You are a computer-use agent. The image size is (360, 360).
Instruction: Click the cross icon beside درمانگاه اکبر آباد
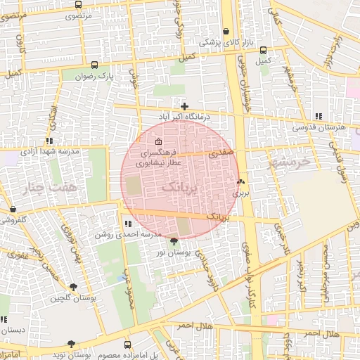pos(185,106)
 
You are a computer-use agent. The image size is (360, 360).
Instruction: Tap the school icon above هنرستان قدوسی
pos(319,116)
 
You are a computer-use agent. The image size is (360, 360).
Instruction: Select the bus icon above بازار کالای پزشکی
pos(226,32)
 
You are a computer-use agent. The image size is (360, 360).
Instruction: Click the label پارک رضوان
pos(96,75)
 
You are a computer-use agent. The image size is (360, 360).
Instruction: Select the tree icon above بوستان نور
pos(174,241)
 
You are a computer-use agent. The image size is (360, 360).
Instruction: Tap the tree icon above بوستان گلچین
pos(73,286)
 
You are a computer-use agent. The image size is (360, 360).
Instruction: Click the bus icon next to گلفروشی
pos(13,210)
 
